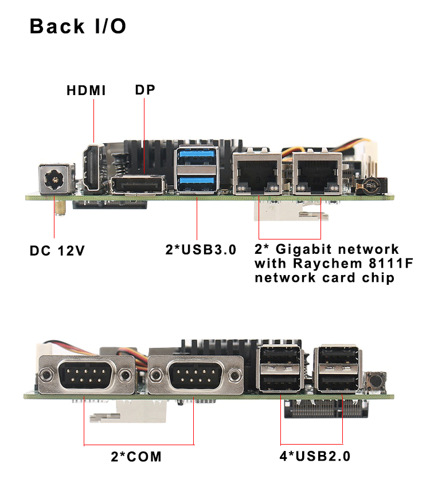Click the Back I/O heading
pyautogui.click(x=78, y=26)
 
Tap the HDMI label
pyautogui.click(x=86, y=91)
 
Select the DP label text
pyautogui.click(x=145, y=90)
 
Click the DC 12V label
pyautogui.click(x=57, y=250)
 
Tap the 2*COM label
pyautogui.click(x=136, y=457)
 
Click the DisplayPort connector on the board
pyautogui.click(x=138, y=186)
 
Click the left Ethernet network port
pyautogui.click(x=256, y=172)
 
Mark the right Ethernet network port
pyautogui.click(x=315, y=172)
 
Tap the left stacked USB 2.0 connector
pyautogui.click(x=280, y=369)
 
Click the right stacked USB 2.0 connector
pyautogui.click(x=341, y=369)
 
